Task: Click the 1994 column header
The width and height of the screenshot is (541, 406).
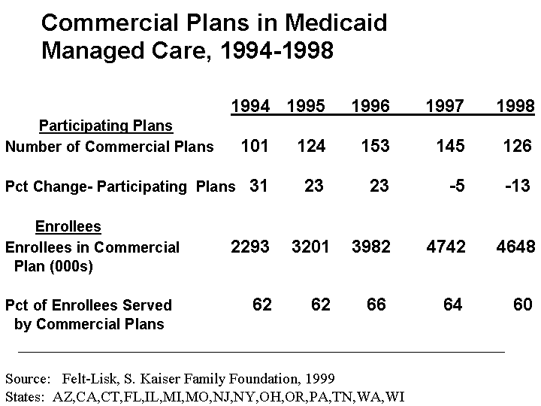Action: (250, 107)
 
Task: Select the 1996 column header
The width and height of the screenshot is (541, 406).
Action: (370, 107)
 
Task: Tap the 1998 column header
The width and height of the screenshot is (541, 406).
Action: (515, 107)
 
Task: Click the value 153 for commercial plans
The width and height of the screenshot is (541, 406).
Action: (374, 146)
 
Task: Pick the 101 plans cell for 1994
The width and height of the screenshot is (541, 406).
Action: (254, 146)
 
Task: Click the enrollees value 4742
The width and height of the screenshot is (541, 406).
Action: (446, 247)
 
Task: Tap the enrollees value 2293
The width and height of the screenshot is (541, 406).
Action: (249, 247)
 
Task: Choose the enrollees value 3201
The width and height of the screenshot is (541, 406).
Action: (310, 247)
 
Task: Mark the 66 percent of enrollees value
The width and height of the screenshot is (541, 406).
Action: (376, 304)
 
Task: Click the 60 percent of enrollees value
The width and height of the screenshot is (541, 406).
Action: (522, 304)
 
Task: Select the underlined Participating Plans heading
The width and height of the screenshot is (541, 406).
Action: (105, 126)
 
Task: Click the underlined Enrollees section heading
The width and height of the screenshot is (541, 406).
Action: (68, 226)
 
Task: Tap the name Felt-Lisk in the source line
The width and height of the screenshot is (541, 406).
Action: (89, 378)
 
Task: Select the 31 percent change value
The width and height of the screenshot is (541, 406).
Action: (258, 186)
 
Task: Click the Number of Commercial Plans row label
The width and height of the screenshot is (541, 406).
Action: (110, 147)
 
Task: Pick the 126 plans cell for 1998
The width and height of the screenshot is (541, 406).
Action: (517, 146)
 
